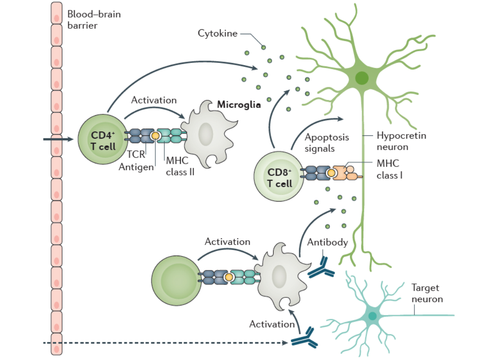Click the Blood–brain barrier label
coord(94,19)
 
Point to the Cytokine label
coord(217,33)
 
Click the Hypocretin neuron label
coord(401,141)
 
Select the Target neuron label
coord(427,293)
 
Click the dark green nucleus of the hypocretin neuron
coord(361,78)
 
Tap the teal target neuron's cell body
coord(372,315)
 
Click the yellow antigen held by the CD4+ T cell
coord(155,135)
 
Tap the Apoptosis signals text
coord(320,142)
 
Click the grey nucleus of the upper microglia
coord(206,134)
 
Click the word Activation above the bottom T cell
coord(227,242)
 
